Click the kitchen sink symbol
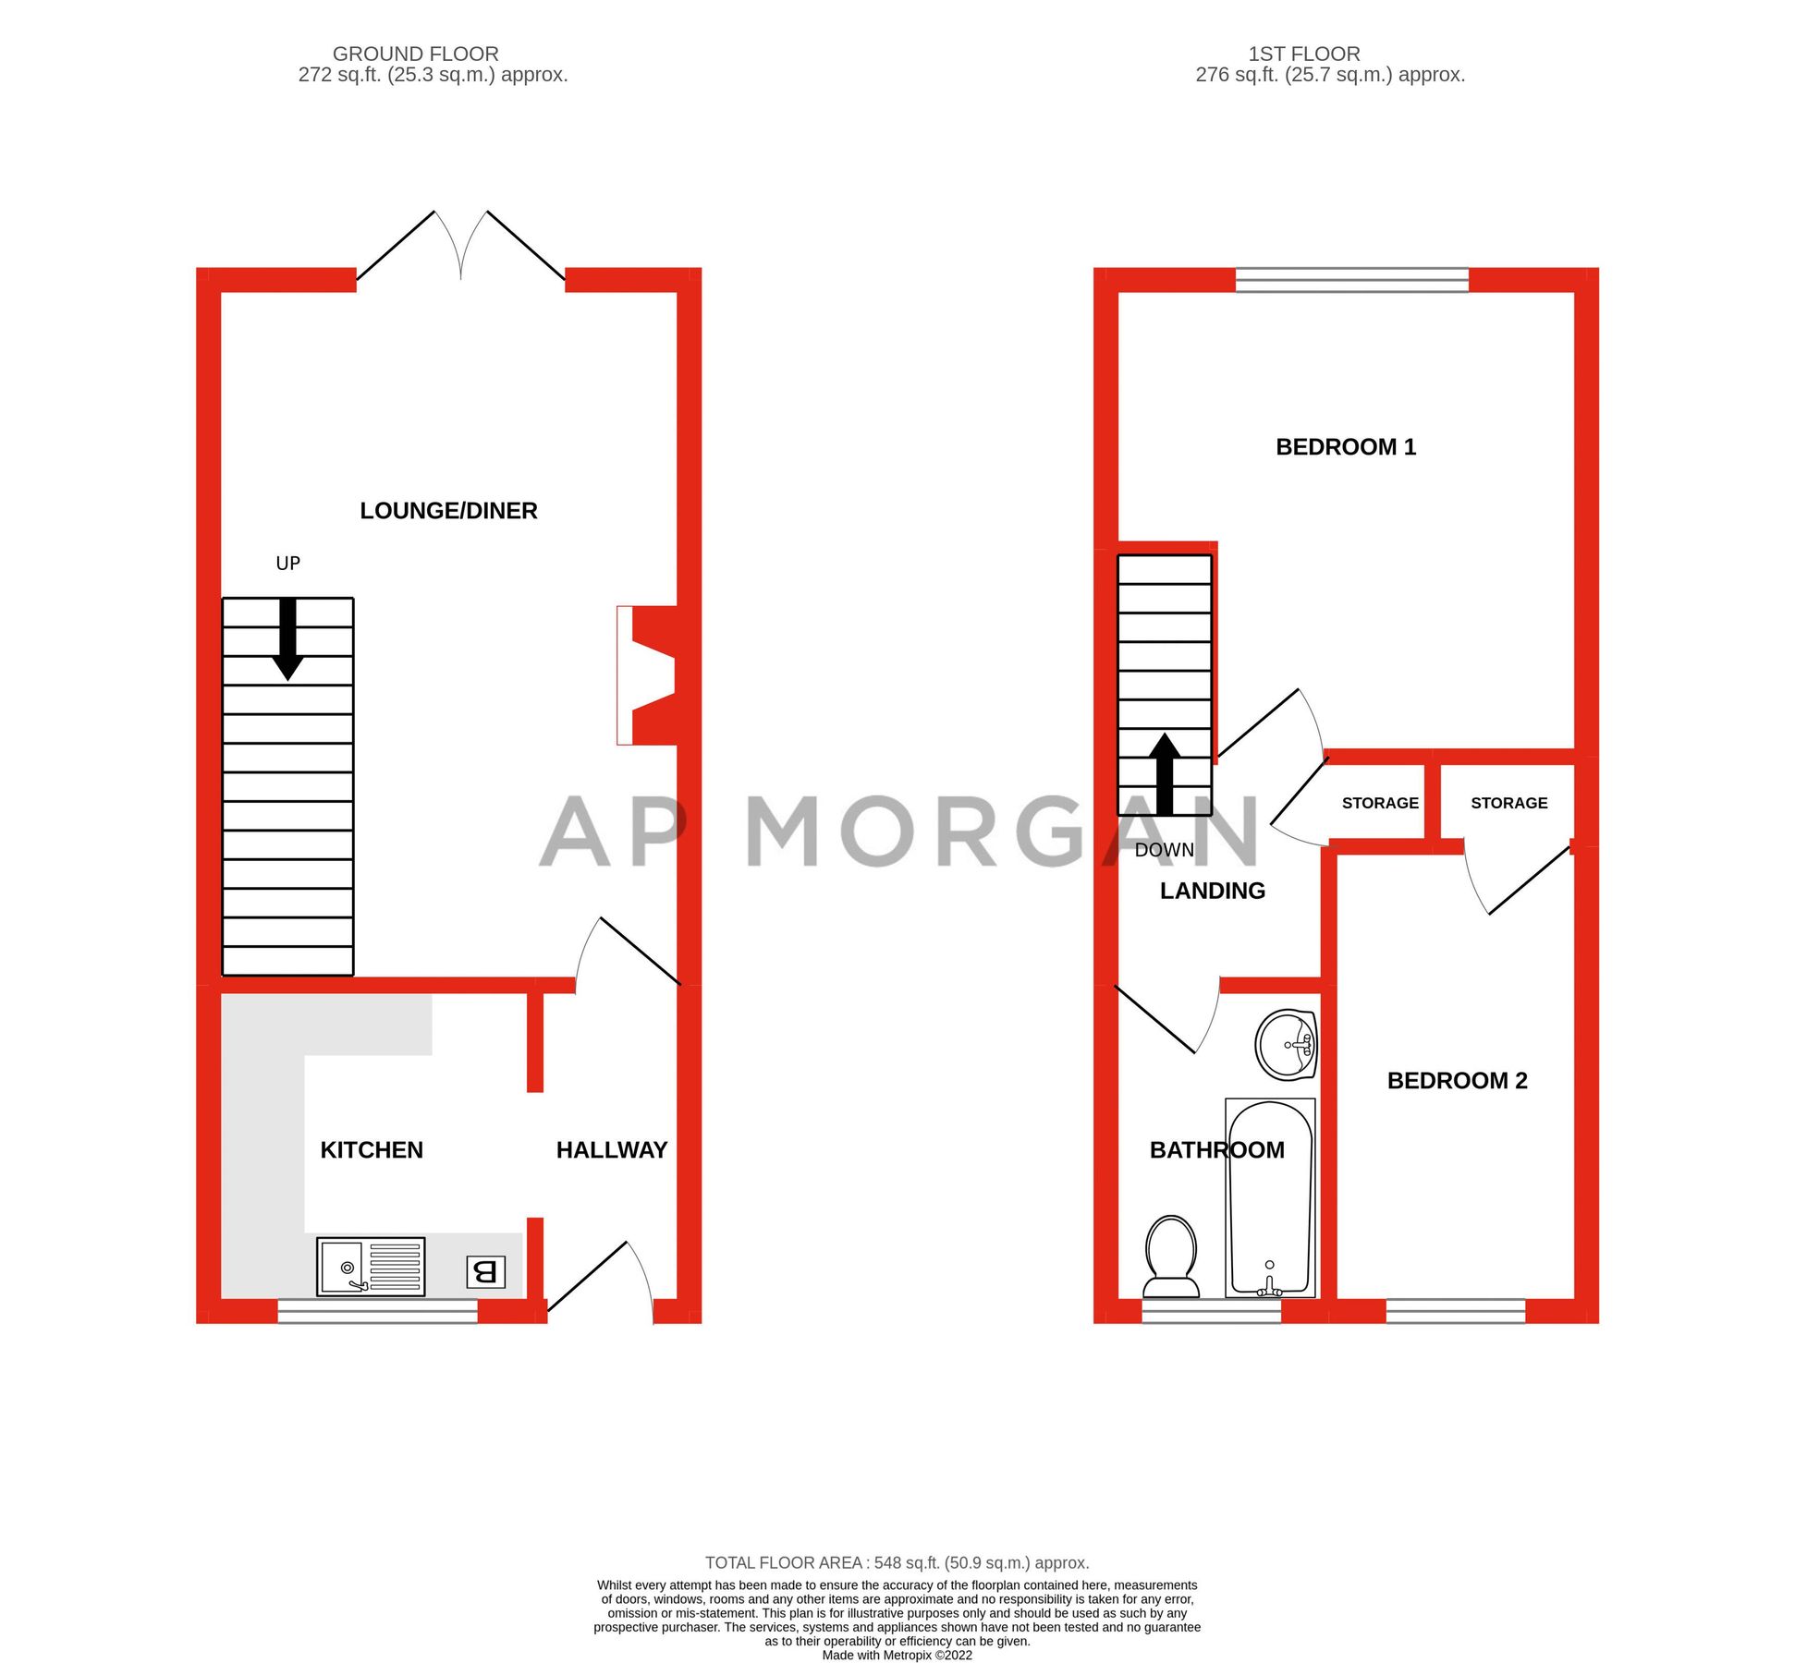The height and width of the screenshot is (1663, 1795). coord(371,1267)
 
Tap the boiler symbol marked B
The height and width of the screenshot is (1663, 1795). coord(485,1272)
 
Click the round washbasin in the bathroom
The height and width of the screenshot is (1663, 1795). coord(1286,1045)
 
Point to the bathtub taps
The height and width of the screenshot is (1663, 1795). coord(1269,1284)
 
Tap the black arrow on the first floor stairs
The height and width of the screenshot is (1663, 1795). coord(1165,774)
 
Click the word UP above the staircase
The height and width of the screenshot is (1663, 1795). coord(287,564)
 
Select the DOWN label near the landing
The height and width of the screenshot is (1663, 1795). coord(1164,850)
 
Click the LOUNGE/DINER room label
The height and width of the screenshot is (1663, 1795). coord(448,511)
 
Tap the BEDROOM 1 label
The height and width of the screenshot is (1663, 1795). coord(1345,447)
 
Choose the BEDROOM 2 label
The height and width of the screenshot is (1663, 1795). coord(1457,1081)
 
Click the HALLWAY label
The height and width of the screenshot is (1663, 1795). coord(611,1150)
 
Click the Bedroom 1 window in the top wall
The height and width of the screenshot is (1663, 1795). coord(1351,280)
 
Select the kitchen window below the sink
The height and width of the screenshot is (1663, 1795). coord(377,1310)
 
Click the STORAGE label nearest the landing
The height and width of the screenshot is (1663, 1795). coord(1379,803)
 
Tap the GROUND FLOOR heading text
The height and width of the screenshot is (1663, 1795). coord(415,54)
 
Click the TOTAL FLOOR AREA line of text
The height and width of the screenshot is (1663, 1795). coord(897,1563)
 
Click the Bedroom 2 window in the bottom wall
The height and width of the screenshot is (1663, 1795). coord(1455,1310)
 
